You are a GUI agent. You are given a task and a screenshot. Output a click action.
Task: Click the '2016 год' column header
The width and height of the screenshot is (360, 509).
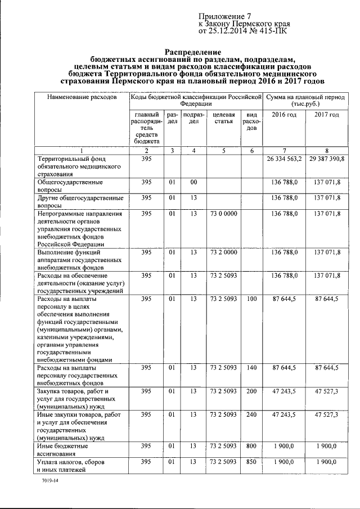pyautogui.click(x=285, y=115)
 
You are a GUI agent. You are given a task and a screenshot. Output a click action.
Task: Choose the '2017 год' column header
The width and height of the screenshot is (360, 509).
pyautogui.click(x=326, y=115)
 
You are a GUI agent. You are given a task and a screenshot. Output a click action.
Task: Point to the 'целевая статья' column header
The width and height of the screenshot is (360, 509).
pyautogui.click(x=224, y=119)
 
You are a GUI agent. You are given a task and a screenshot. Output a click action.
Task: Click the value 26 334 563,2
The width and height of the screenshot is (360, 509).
pyautogui.click(x=283, y=160)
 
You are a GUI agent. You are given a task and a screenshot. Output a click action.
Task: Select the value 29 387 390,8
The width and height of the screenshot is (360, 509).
pyautogui.click(x=326, y=160)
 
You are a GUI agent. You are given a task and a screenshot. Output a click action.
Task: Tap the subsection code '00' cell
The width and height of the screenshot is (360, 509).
pyautogui.click(x=193, y=182)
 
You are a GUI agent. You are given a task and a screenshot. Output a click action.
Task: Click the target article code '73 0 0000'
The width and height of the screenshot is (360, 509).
pyautogui.click(x=223, y=214)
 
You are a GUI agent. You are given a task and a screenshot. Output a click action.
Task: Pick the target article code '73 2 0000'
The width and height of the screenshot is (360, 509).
pyautogui.click(x=223, y=253)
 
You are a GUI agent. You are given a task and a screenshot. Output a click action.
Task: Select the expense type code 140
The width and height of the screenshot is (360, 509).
pyautogui.click(x=251, y=368)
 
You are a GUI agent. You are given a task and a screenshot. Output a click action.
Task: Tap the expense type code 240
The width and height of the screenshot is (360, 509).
pyautogui.click(x=251, y=415)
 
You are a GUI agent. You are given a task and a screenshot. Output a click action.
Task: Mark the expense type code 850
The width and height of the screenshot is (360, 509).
pyautogui.click(x=251, y=461)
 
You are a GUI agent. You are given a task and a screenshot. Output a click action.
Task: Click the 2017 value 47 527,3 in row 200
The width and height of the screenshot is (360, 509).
pyautogui.click(x=326, y=391)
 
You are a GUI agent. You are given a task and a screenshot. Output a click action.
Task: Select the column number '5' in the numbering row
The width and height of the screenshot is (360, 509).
pyautogui.click(x=223, y=150)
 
